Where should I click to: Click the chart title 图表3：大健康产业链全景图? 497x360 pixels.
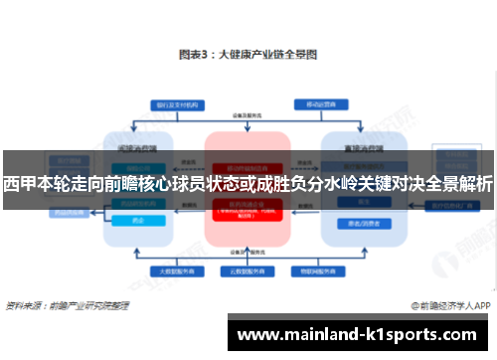[248, 55]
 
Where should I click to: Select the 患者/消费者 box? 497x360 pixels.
[354, 223]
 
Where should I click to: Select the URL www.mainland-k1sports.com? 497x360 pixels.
[362, 335]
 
